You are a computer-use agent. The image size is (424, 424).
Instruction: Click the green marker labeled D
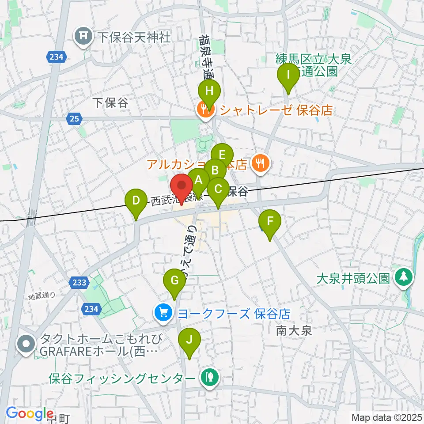point(136,201)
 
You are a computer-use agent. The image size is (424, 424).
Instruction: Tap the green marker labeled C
point(218,190)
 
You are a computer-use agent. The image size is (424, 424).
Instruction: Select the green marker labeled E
point(222,155)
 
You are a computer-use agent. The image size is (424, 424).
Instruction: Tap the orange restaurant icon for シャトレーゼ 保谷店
point(205,110)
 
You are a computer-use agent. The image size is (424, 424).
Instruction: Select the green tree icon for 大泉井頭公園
point(404,278)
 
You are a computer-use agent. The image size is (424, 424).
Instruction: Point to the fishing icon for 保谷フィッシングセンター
point(208,379)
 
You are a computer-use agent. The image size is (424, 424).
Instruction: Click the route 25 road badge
point(74,118)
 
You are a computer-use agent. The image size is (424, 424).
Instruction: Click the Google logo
point(30,413)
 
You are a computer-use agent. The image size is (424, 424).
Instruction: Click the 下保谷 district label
point(110,103)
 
